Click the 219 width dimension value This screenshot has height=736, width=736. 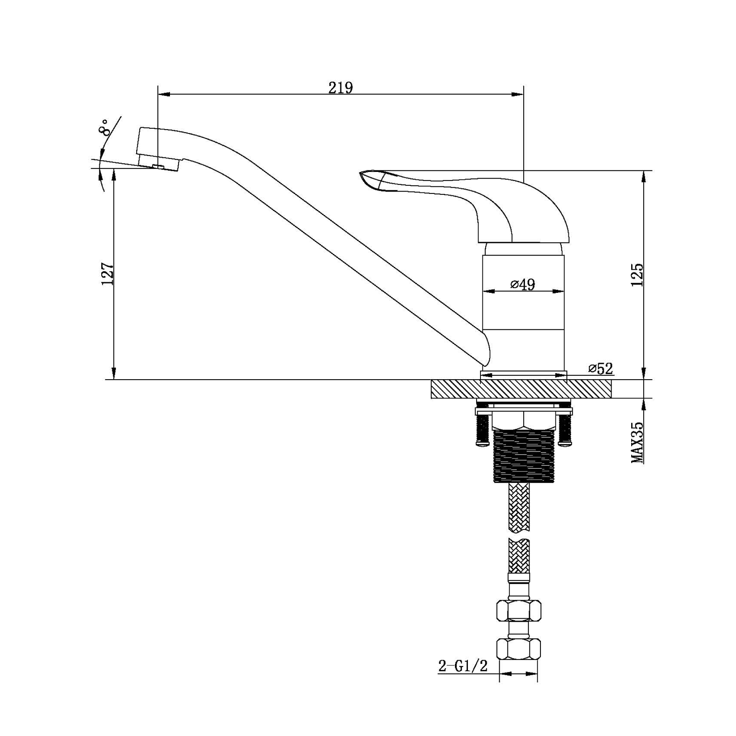341,88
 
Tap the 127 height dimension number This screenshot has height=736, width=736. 108,274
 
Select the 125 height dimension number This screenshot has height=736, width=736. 637,275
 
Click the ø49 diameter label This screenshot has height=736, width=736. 522,284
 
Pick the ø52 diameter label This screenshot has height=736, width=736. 601,369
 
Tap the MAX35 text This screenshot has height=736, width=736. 637,442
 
